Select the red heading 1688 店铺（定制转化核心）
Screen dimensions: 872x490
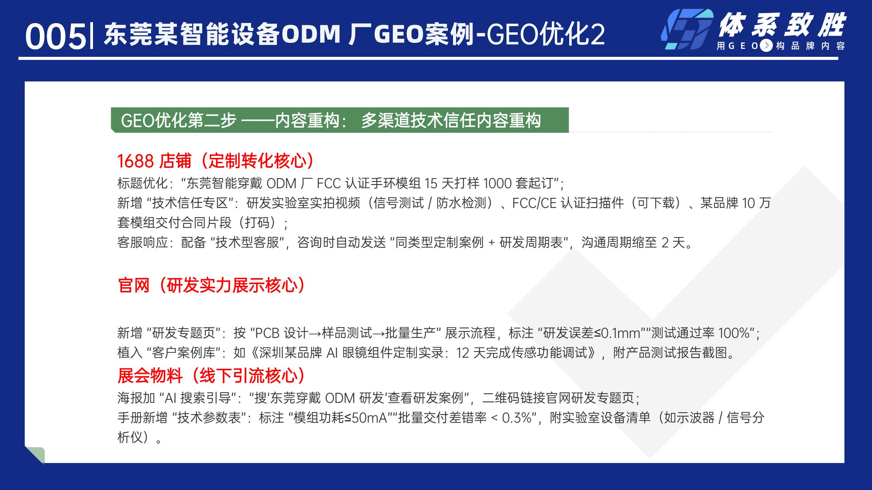(216, 161)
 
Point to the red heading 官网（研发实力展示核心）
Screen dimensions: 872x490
(211, 285)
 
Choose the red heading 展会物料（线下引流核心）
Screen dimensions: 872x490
(211, 376)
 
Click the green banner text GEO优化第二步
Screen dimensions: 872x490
(178, 120)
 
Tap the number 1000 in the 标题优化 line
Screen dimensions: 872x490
(497, 183)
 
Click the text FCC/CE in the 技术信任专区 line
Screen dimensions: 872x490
(534, 203)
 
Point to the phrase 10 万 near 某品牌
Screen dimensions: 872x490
(756, 203)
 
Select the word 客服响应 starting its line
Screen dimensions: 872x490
(143, 243)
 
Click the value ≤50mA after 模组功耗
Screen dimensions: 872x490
(365, 418)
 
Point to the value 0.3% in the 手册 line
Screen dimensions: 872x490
(517, 418)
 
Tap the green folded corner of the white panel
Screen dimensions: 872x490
(36, 455)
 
